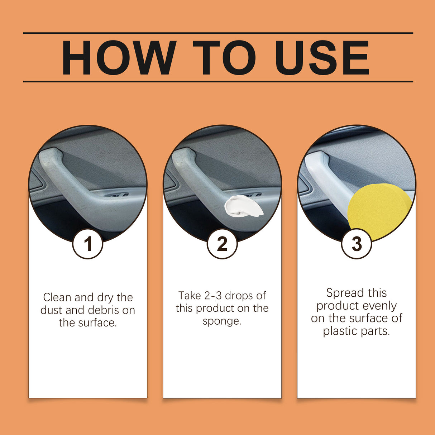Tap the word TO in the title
pos(225,58)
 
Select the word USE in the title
pos(322,58)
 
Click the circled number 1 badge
pos(88,244)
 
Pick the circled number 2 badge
pos(222,244)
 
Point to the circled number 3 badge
pos(357,244)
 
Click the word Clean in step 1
pos(57,297)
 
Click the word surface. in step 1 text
pos(97,323)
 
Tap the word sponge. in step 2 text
pos(222,321)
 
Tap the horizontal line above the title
pos(218,33)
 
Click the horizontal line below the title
pos(218,81)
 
